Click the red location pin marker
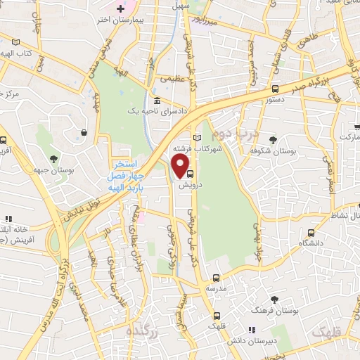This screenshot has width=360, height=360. [181, 165]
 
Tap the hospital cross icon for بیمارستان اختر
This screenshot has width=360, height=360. [120, 8]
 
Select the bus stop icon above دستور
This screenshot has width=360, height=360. [275, 89]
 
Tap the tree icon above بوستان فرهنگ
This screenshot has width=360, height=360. [274, 299]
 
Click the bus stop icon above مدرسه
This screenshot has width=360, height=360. [217, 277]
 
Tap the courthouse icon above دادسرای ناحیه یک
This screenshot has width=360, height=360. [156, 100]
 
